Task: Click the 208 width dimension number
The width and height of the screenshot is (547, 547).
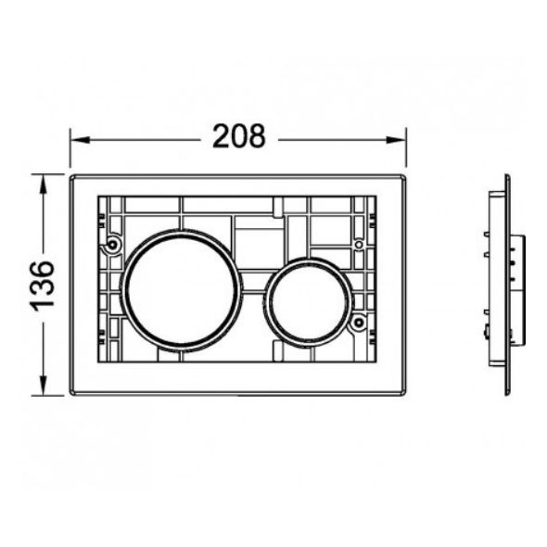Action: pyautogui.click(x=239, y=136)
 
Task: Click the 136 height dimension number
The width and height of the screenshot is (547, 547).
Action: pyautogui.click(x=43, y=286)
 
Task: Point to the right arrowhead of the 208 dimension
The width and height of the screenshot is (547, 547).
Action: pyautogui.click(x=396, y=140)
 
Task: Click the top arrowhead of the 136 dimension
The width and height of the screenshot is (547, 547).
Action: pyautogui.click(x=43, y=184)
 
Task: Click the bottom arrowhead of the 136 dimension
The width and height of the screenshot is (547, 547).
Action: pyautogui.click(x=43, y=386)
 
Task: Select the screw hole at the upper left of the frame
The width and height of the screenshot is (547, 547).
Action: pyautogui.click(x=112, y=244)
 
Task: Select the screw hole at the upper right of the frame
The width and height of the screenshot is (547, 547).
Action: pyautogui.click(x=359, y=245)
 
